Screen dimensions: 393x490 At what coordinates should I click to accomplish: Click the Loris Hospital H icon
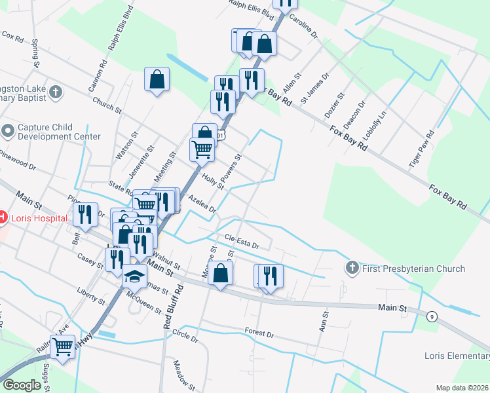tap(2, 217)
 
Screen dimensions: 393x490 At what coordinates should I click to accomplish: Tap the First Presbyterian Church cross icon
tap(352, 269)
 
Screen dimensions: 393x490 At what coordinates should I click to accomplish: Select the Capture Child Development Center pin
tap(8, 131)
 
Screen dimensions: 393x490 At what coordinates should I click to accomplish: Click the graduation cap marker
tap(134, 277)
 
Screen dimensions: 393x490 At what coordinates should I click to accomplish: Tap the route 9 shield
tap(432, 317)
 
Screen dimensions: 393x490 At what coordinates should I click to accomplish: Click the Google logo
tap(21, 385)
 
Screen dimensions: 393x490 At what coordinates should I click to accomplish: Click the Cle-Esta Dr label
tap(242, 242)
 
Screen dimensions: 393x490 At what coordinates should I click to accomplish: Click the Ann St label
tap(323, 321)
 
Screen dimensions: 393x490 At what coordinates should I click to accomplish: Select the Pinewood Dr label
tap(18, 161)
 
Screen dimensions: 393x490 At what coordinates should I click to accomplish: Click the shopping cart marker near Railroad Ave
tap(62, 347)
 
